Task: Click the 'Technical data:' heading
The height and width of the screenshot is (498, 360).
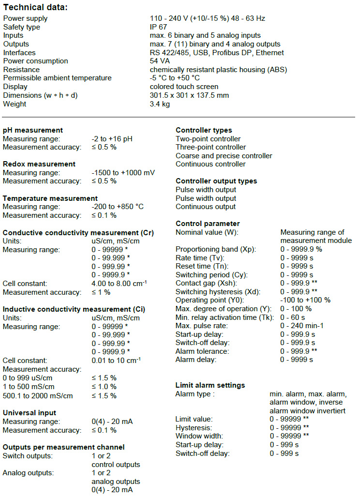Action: point(36,7)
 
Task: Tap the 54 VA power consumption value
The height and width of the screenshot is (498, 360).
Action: point(160,61)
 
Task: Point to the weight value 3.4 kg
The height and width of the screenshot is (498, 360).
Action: point(160,104)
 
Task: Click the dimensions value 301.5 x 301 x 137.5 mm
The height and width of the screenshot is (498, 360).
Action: point(189,95)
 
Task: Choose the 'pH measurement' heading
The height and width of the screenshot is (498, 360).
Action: point(33,130)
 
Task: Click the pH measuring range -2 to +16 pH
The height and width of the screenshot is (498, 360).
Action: point(112,139)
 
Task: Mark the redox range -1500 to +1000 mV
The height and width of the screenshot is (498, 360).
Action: point(122,173)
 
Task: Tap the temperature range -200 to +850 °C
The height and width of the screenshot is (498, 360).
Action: point(118,207)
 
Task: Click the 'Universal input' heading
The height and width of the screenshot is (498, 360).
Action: point(30,413)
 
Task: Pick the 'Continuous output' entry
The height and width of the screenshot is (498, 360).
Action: point(206,207)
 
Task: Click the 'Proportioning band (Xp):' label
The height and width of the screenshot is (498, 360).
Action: point(216,249)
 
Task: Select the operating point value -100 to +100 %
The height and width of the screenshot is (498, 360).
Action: point(305,300)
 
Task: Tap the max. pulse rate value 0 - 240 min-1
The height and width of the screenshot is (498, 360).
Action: point(303,326)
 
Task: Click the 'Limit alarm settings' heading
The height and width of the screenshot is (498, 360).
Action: point(210,385)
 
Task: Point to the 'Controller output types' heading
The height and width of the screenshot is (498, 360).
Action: point(216,181)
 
